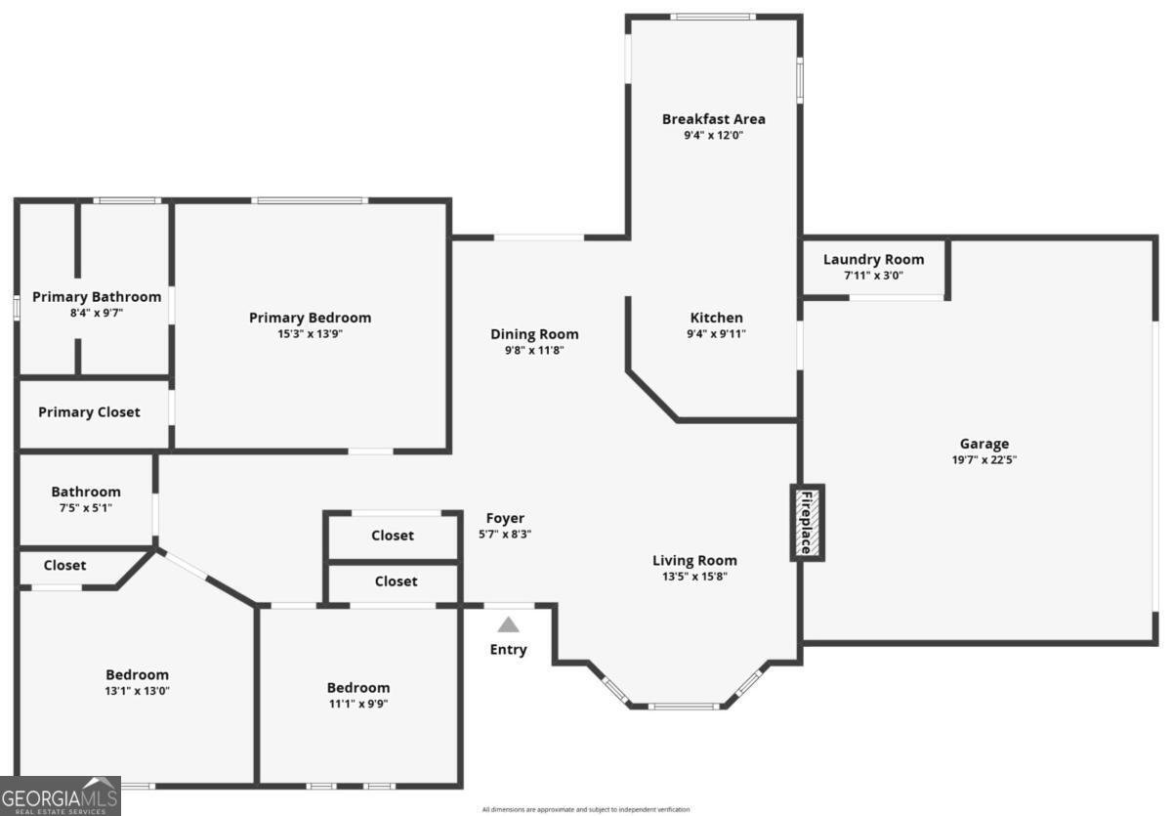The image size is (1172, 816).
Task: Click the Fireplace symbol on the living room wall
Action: click(x=807, y=523)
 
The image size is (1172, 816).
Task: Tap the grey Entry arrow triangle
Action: click(x=509, y=624)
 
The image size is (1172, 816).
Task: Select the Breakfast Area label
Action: click(x=713, y=119)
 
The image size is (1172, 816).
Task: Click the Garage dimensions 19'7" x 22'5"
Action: click(x=984, y=460)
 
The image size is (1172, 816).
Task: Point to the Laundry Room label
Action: click(x=873, y=260)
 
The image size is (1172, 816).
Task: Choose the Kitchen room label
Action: click(x=716, y=318)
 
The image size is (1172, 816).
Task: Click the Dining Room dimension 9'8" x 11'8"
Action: click(x=534, y=350)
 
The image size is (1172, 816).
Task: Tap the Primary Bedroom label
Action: click(x=310, y=318)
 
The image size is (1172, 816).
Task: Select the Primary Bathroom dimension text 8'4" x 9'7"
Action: click(x=97, y=313)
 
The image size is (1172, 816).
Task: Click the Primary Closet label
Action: click(x=89, y=412)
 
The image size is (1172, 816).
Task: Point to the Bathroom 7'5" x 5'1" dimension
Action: click(x=86, y=507)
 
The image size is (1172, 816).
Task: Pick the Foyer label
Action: click(x=505, y=518)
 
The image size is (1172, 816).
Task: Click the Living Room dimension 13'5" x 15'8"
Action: click(x=694, y=577)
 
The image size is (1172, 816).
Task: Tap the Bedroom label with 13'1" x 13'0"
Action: click(x=137, y=674)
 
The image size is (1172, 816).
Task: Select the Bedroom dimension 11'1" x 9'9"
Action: click(x=357, y=704)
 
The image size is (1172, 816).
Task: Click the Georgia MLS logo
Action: click(x=60, y=795)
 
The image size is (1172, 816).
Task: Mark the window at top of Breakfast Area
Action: click(x=712, y=17)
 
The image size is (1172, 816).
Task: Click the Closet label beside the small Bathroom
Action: click(x=64, y=565)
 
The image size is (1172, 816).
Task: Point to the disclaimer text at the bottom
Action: click(x=586, y=809)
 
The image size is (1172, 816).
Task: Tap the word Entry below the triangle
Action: click(x=508, y=650)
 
